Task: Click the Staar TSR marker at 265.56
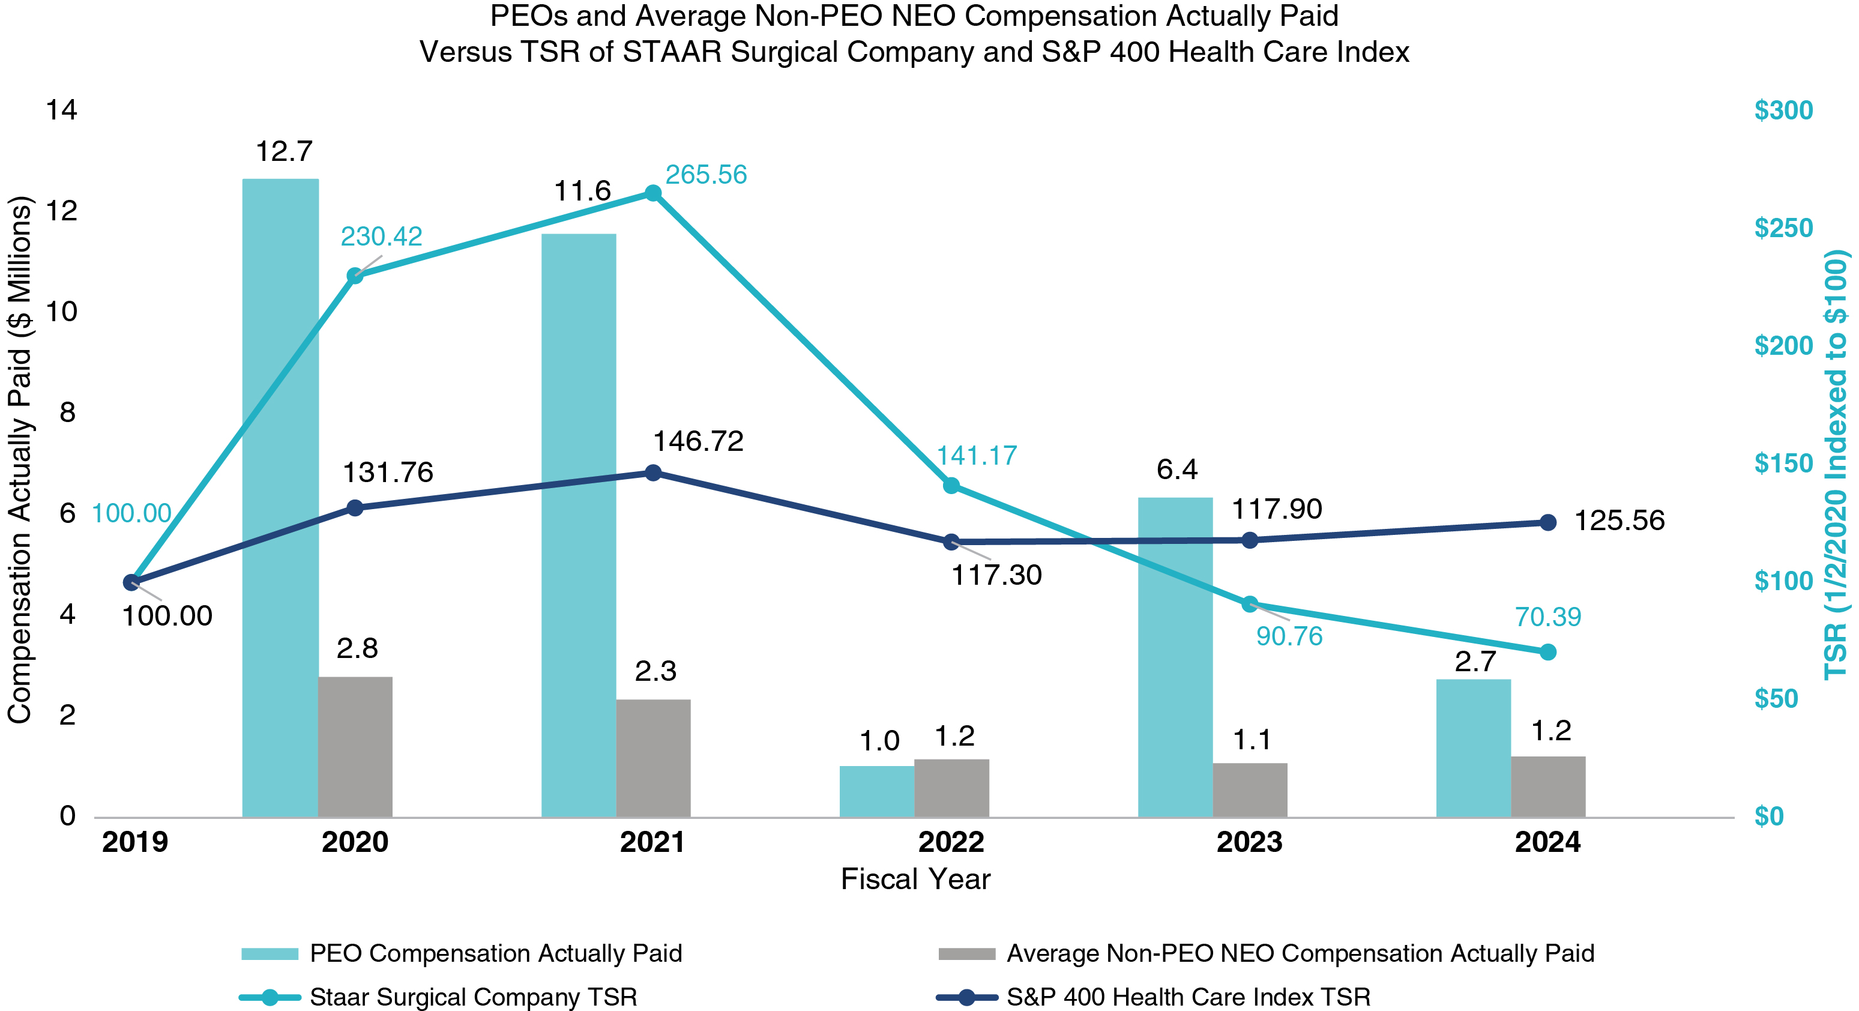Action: (x=653, y=193)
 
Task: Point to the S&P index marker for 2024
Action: (x=1548, y=522)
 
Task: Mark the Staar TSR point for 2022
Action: (x=951, y=486)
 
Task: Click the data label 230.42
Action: (x=381, y=237)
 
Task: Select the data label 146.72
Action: (x=698, y=441)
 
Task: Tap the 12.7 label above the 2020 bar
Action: (x=285, y=151)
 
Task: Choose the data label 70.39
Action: (x=1547, y=617)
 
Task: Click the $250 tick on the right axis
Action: (x=1783, y=228)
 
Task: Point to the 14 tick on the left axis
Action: (x=61, y=110)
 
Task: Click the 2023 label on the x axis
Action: (x=1249, y=842)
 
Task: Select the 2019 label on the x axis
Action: (x=135, y=842)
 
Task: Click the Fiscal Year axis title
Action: (x=915, y=879)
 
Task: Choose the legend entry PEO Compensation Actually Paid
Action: (x=495, y=953)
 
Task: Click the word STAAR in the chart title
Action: (x=673, y=52)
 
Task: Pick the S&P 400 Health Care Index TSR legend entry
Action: (x=1188, y=997)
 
